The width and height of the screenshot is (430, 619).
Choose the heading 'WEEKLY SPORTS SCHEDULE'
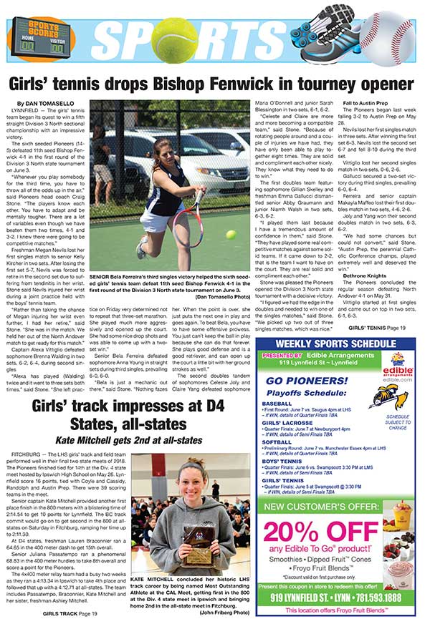point(335,326)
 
